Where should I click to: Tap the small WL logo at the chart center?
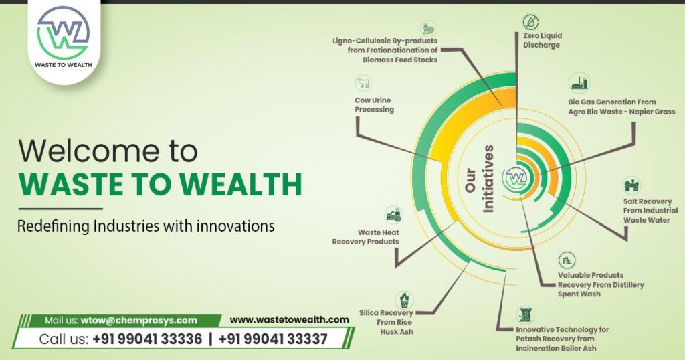pos(515,177)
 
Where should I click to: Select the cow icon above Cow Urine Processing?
pos(363,84)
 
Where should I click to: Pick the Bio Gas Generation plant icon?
pos(579,84)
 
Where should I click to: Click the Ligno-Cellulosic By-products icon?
pos(428,28)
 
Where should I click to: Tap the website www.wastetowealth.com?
pos(289,320)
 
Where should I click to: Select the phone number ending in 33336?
pos(147,339)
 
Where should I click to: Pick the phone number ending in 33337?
pos(273,339)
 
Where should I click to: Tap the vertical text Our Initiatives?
pos(482,177)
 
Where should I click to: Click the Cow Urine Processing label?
pos(374,105)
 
